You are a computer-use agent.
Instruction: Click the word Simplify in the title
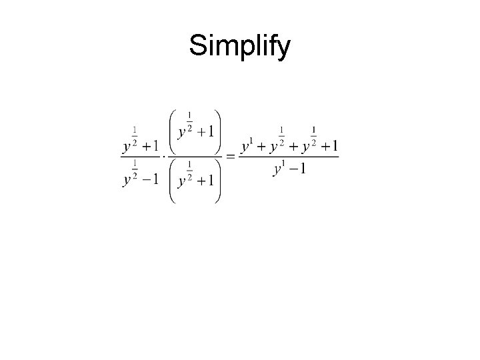tap(240, 47)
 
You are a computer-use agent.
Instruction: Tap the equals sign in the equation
tap(230, 157)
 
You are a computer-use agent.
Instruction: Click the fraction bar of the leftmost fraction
tap(141, 157)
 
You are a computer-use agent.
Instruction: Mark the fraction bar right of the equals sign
tap(289, 157)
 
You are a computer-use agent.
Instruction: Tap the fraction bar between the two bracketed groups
tap(196, 157)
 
